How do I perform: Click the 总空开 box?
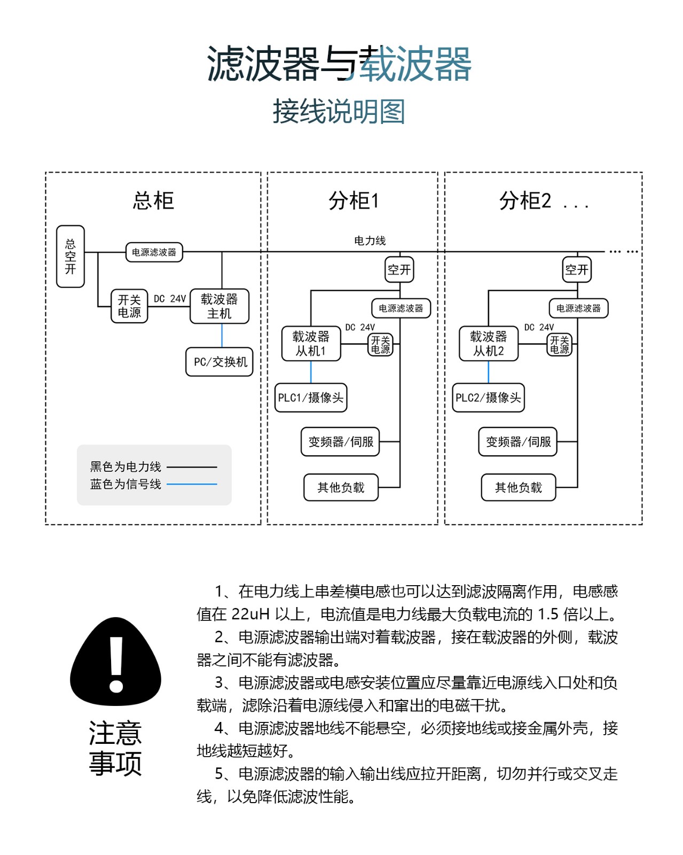pos(70,256)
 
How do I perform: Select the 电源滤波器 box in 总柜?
pos(154,252)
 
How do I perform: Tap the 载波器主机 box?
pos(219,306)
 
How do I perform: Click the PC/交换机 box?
pos(219,362)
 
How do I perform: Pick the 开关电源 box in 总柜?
pos(129,306)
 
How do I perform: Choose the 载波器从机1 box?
pos(311,344)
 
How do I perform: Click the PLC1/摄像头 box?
pos(311,398)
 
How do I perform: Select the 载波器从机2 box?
pos(488,344)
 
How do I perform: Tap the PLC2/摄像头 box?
pos(488,398)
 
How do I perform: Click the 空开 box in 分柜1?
pos(399,269)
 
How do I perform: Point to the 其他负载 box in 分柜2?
pos(518,487)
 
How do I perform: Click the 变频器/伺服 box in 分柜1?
pos(340,442)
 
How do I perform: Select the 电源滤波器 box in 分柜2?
pos(578,308)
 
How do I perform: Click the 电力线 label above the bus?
pos(370,241)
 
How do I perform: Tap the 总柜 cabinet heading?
pos(153,201)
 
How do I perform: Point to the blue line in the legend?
pos(192,484)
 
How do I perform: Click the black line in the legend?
pos(192,467)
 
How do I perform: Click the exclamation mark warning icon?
pos(115,663)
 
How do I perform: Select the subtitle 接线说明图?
pos(339,112)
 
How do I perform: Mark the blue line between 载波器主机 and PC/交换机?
pos(222,336)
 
